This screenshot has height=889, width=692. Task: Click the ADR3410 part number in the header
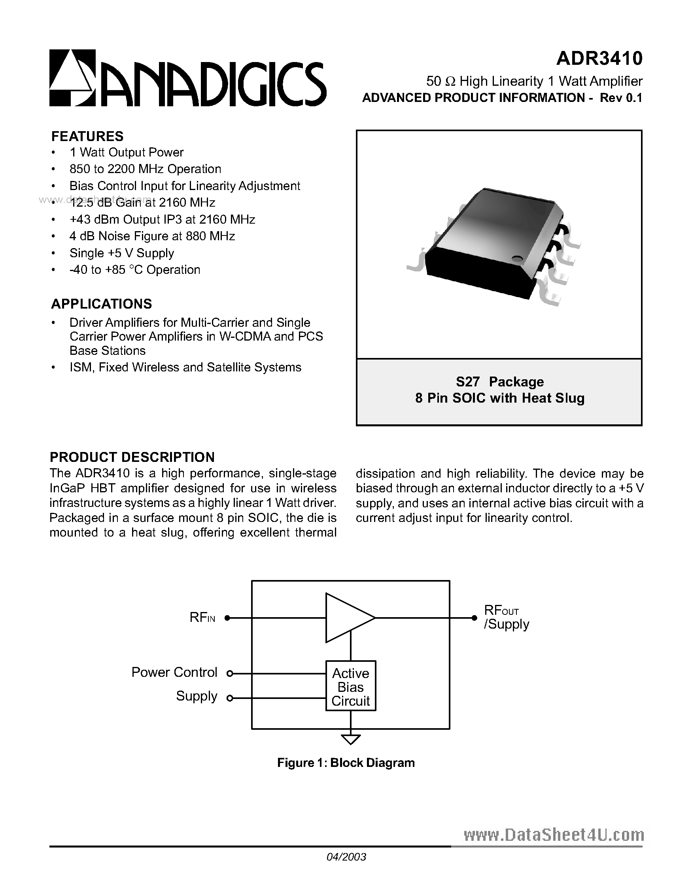[599, 58]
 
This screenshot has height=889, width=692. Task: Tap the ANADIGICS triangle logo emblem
[72, 78]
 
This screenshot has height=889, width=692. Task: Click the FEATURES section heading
[87, 136]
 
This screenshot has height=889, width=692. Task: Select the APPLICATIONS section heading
[101, 304]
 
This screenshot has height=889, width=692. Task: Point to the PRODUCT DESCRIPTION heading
[132, 457]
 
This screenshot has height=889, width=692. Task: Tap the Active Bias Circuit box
[351, 687]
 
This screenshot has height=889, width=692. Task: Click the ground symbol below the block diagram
[351, 739]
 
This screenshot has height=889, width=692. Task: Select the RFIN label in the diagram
[202, 618]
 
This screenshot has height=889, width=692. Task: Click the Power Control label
[174, 672]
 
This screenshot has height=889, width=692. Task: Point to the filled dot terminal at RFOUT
[474, 618]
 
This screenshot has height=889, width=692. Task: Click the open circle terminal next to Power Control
[230, 674]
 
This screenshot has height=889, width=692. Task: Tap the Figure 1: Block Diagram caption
[346, 763]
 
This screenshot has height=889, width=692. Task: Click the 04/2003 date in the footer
[346, 857]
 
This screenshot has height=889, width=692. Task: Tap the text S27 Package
[500, 382]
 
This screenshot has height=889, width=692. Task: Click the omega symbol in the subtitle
[450, 82]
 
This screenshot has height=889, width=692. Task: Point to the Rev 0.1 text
[621, 98]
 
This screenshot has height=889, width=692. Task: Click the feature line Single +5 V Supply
[122, 253]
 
